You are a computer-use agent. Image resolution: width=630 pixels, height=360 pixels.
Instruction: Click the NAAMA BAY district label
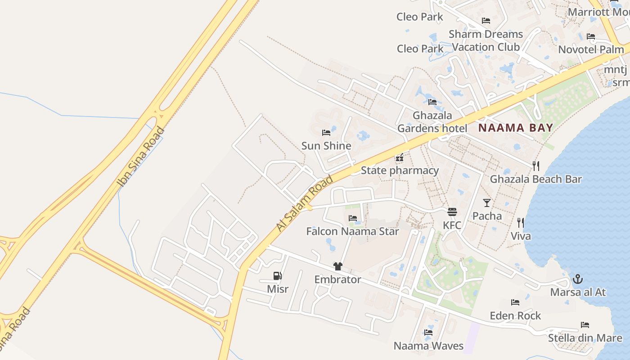click(515, 128)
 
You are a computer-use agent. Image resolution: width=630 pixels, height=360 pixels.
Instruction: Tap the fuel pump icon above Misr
click(277, 276)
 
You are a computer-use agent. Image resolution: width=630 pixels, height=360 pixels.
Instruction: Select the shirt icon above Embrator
click(338, 266)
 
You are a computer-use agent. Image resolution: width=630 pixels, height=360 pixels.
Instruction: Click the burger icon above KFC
click(452, 212)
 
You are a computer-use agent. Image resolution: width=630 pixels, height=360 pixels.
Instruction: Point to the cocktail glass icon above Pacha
click(487, 202)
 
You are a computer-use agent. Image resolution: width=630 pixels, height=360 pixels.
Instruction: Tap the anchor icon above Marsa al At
click(577, 279)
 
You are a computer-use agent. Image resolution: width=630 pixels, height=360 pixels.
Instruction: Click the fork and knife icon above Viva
click(520, 222)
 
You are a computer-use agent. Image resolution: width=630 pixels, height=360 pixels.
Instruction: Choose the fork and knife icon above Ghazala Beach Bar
click(535, 166)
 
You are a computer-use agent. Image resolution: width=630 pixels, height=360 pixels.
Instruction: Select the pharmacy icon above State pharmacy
click(399, 157)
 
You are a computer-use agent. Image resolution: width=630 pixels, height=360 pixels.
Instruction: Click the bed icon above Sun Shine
click(326, 133)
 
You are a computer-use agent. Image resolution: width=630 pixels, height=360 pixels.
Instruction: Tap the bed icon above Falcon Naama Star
click(353, 218)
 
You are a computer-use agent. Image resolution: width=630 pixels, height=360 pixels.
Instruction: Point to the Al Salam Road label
click(305, 203)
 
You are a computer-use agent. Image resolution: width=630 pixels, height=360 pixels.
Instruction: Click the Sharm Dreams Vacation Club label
click(486, 40)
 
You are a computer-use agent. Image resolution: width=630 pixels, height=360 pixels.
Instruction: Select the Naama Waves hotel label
click(428, 346)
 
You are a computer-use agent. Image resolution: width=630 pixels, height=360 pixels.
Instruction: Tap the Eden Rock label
click(515, 315)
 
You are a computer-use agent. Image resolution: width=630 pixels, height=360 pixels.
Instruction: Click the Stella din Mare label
click(585, 338)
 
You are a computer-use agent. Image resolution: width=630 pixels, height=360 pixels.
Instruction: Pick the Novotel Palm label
click(591, 49)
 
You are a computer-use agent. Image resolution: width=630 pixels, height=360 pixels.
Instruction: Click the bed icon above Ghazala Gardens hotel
click(432, 102)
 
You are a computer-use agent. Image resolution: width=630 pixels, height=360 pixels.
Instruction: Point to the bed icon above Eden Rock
click(515, 302)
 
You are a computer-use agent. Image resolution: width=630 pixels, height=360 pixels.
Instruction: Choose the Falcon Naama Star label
click(352, 231)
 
